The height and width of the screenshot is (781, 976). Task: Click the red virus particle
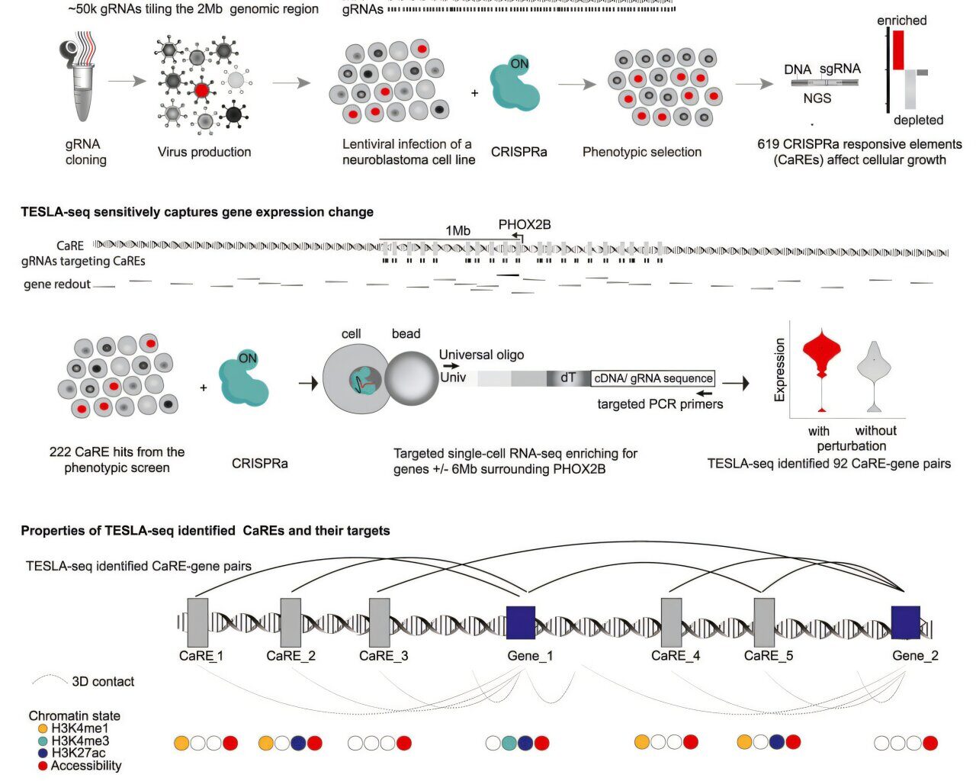tap(201, 90)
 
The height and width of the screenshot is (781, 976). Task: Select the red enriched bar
tap(898, 50)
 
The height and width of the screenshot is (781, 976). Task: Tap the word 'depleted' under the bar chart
tap(918, 120)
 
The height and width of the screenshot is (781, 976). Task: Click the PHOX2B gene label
tap(525, 225)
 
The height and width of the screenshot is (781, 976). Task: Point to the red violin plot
tap(821, 355)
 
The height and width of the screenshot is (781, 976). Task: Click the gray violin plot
tap(874, 366)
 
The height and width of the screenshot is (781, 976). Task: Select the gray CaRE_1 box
tap(197, 622)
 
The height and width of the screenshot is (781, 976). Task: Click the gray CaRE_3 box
tap(379, 622)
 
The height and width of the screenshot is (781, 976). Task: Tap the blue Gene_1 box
tap(521, 622)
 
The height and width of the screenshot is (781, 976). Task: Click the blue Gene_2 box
tap(906, 622)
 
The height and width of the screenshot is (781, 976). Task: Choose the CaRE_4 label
tap(676, 655)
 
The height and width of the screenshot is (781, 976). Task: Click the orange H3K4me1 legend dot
tap(43, 728)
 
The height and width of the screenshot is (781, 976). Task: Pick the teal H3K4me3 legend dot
tap(43, 741)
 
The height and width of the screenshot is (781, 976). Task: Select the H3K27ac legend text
tap(79, 753)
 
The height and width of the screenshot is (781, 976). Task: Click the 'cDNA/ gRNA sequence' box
tap(653, 378)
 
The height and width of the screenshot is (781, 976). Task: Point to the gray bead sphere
tap(411, 378)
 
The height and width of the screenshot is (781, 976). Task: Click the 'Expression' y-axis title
tap(779, 370)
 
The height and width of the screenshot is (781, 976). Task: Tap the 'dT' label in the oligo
tap(568, 378)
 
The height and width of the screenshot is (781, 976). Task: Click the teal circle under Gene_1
tap(509, 743)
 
